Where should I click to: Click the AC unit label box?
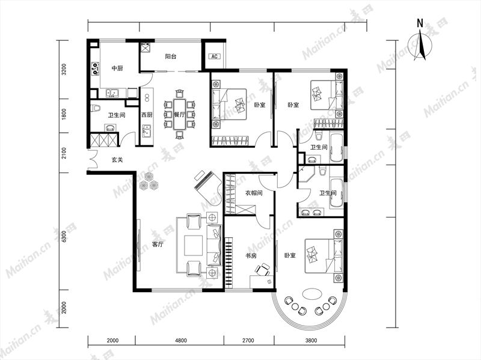click(x=215, y=56)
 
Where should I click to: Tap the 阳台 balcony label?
click(x=171, y=56)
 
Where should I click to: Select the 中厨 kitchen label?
click(x=117, y=68)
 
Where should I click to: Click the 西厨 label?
click(x=147, y=115)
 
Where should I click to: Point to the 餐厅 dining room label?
click(x=179, y=115)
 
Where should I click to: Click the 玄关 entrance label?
click(x=117, y=160)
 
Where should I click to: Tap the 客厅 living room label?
click(x=158, y=245)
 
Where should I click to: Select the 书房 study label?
click(x=251, y=255)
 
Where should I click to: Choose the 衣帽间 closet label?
click(x=254, y=193)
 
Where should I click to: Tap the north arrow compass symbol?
click(x=420, y=41)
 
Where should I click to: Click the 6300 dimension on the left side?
click(x=64, y=236)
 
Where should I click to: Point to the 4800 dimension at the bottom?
click(x=181, y=340)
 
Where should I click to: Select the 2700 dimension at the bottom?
click(x=248, y=340)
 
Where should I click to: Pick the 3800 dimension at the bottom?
click(x=311, y=340)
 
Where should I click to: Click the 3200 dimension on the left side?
click(x=64, y=69)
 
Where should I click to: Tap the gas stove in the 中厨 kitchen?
click(x=96, y=69)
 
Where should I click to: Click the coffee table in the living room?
click(x=193, y=245)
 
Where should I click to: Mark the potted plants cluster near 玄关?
click(x=149, y=182)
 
